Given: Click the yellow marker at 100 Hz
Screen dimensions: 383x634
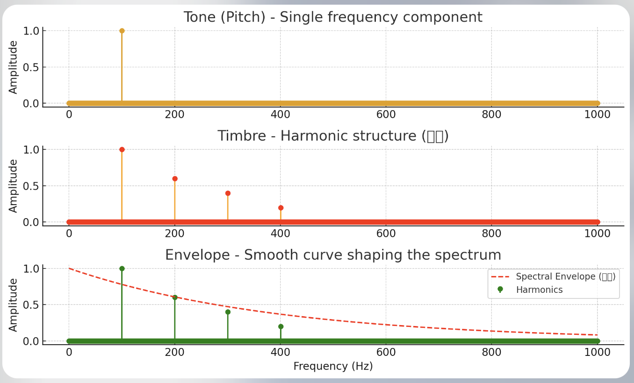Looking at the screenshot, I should pos(122,31).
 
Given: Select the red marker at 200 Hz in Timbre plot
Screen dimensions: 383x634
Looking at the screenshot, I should pos(175,178).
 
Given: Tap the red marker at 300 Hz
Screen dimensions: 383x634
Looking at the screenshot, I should pos(228,193).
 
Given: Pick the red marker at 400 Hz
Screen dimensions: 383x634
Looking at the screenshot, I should pos(281,208).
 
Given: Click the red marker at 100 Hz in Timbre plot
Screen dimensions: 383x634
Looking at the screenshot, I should pos(122,149).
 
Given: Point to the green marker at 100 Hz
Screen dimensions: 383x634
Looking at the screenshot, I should pos(122,269).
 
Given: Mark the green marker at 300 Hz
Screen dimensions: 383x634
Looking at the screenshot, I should pos(228,312).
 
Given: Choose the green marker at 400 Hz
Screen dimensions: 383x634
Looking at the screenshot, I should pos(281,326).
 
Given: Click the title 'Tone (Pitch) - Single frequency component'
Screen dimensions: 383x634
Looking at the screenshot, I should pos(332,17).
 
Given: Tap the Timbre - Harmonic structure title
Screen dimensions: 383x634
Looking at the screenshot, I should pos(332,136).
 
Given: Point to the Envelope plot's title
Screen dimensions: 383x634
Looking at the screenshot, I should pos(332,255).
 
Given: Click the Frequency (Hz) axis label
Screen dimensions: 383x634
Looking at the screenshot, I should pos(333,367).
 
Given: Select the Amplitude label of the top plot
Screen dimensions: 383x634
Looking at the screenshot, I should pos(13,67).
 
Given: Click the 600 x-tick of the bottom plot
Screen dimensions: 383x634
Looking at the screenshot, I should pos(386,352).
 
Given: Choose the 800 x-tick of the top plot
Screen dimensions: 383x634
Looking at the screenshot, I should pos(491,114).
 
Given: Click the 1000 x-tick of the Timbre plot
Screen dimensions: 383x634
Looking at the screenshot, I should pos(597,234).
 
